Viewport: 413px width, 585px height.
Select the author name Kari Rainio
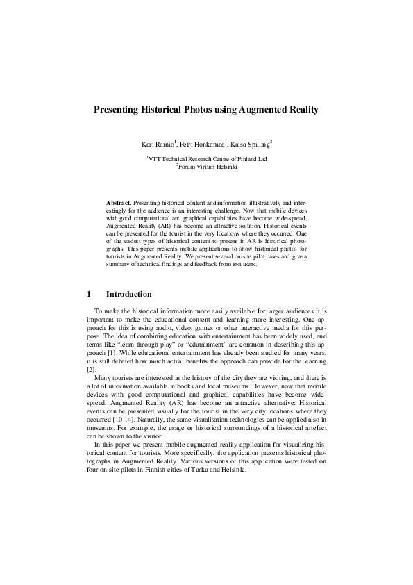point(158,145)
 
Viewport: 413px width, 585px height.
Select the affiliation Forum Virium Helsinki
point(208,167)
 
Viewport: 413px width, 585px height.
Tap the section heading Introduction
point(128,295)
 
